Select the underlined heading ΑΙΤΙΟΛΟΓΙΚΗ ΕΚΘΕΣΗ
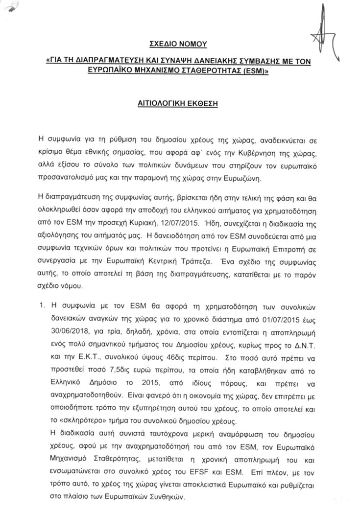(x=179, y=104)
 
